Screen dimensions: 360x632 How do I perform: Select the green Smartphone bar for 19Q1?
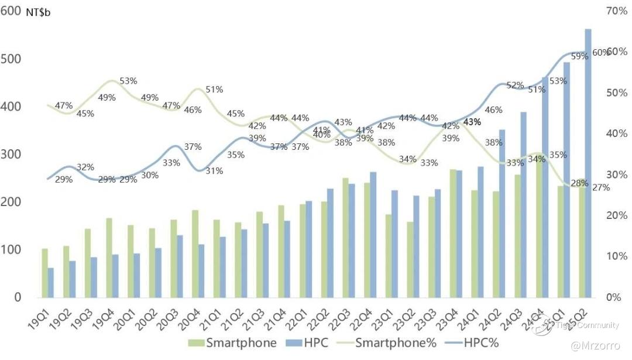click(45, 273)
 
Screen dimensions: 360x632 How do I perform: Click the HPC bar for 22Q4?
click(373, 234)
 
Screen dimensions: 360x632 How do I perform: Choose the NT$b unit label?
click(38, 13)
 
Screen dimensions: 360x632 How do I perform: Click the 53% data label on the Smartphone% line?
click(128, 81)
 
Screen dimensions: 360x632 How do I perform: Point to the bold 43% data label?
click(472, 122)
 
